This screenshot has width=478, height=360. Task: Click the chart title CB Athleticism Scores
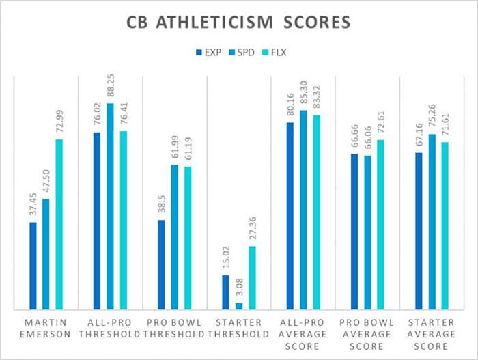238,23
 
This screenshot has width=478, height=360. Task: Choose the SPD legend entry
242,52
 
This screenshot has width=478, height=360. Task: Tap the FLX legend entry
275,52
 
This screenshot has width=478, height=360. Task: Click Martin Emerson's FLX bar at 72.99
59,225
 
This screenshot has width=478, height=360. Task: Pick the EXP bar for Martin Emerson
33,266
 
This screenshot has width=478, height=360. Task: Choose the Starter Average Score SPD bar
431,222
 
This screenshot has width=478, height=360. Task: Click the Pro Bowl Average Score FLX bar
380,225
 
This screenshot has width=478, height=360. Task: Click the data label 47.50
46,184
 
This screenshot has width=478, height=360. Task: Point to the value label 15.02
225,261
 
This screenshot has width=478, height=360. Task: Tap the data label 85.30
303,96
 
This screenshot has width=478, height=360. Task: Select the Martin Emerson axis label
46,328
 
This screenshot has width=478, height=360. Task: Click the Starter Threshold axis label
238,328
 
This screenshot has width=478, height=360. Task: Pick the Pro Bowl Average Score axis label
367,333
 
